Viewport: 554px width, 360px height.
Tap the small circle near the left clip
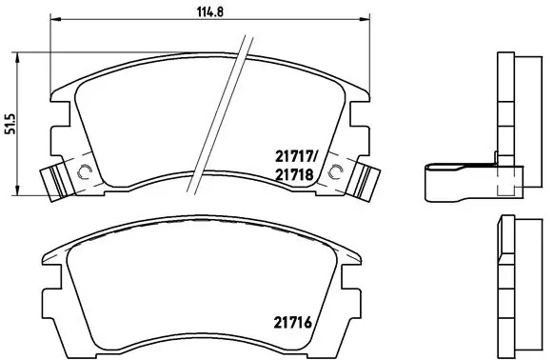coord(83,172)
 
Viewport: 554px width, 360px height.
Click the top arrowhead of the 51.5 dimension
coord(22,55)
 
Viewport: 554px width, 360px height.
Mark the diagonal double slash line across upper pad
coord(221,110)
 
